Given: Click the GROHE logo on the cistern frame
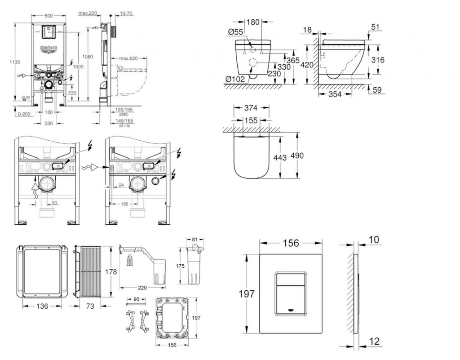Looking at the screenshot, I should pos(49,48).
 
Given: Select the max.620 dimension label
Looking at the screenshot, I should pos(128,58).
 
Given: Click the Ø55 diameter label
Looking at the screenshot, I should pos(235,31).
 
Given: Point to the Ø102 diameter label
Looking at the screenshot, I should pos(235,80).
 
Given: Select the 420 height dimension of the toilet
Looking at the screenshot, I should pos(307,65).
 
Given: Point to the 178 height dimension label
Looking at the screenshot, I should pos(111,271).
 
